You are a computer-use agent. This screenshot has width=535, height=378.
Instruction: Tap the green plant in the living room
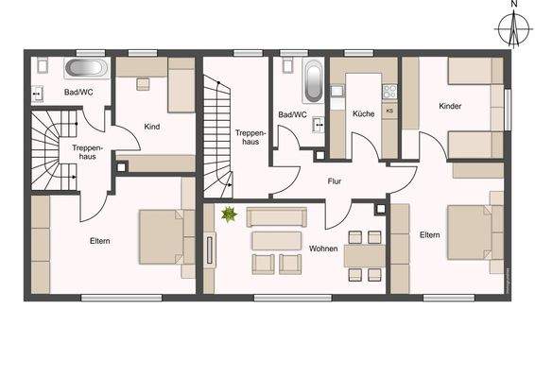228,216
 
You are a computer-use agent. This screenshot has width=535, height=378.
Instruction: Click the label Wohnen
323,248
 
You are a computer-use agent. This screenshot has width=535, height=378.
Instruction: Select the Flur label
335,180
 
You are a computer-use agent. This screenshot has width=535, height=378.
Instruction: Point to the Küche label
363,113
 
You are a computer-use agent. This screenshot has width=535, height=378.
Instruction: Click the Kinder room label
450,107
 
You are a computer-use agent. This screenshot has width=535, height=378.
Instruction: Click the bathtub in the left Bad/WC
86,68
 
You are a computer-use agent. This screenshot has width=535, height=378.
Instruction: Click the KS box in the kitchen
388,111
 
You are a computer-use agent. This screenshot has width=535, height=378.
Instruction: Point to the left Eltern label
100,241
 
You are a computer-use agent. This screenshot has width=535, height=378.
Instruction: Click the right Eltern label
429,233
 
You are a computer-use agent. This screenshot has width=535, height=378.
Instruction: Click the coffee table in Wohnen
276,240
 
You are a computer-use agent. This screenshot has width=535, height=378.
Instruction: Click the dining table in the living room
366,253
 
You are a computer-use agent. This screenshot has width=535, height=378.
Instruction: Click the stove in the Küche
387,92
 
